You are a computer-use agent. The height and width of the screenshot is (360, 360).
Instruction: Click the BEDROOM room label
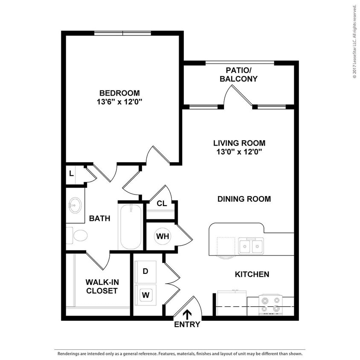pos(119,93)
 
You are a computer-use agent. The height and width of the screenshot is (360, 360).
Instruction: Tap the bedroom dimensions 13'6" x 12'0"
pos(119,102)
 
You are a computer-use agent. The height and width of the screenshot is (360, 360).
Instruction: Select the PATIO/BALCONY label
pos(238,75)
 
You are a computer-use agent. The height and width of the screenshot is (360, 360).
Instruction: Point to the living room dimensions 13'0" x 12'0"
pos(239,152)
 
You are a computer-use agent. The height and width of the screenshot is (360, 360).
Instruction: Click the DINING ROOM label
pos(244,199)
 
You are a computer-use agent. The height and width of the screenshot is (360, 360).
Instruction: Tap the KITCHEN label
pos(252,274)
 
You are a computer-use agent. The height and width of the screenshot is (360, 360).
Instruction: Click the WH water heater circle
pos(162,235)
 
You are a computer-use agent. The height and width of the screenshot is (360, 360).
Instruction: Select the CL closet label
pos(162,203)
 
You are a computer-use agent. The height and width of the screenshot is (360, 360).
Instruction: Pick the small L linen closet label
pos(71,174)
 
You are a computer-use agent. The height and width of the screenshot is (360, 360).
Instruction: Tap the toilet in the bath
pos(78,235)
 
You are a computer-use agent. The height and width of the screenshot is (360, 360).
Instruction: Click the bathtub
pos(131,226)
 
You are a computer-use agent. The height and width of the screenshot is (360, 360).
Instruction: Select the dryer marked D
pos(145,271)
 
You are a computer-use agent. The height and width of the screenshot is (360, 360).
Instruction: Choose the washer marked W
pos(145,294)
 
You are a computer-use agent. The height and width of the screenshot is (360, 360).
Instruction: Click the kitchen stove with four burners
pos(270,304)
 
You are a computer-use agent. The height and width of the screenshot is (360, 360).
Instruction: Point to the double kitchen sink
pos(250,246)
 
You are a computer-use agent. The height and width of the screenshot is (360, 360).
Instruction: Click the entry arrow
pos(187,314)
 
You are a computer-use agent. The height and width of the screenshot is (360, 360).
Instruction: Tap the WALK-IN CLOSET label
pos(102,286)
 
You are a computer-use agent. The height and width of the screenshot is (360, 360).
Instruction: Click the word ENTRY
pos(187,324)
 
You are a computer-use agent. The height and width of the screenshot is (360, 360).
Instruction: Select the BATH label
pos(99,218)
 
